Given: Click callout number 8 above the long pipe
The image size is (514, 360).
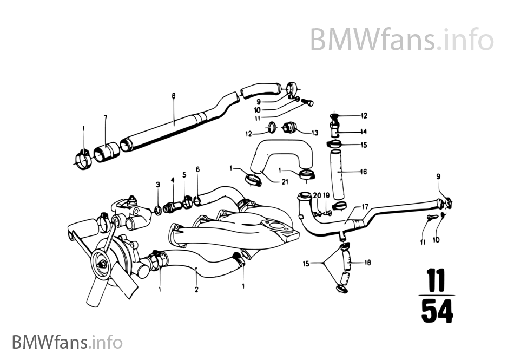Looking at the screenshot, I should [x=174, y=96].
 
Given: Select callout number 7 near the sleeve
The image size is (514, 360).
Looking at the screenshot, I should [x=106, y=117].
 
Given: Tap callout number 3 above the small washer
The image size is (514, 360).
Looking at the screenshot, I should [x=158, y=185].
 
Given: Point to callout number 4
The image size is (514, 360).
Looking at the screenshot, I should [x=173, y=180].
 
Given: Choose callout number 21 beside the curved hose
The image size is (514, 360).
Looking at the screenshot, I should [x=284, y=182].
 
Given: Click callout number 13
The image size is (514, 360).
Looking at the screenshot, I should [x=315, y=132].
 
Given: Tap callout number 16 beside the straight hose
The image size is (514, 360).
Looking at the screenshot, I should [x=364, y=172].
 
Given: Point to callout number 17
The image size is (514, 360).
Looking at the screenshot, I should [x=365, y=206].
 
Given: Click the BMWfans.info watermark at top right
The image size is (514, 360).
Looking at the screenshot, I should [x=401, y=39].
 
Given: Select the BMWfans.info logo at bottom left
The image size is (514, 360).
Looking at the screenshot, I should [x=67, y=342].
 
